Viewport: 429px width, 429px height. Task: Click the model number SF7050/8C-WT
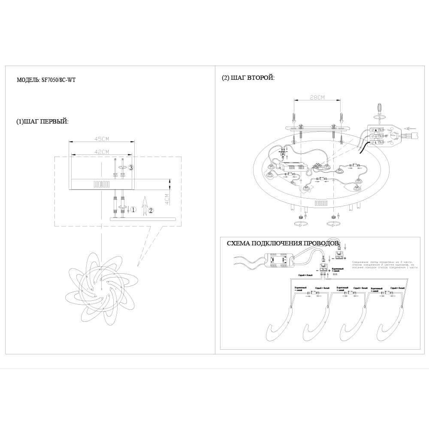click(58, 80)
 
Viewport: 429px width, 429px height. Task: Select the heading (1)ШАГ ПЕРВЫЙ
click(42, 122)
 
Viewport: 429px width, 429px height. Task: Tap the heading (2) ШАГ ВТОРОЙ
click(248, 78)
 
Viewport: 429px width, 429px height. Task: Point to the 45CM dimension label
click(102, 139)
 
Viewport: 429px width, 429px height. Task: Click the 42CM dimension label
click(102, 151)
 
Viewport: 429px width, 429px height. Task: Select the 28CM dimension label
click(316, 97)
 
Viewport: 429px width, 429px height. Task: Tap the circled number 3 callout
click(131, 167)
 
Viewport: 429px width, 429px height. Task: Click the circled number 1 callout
click(133, 210)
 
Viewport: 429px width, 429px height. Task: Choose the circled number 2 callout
click(151, 210)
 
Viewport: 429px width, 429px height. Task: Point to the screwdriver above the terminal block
click(378, 111)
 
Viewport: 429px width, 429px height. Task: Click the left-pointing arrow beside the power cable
click(411, 127)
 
